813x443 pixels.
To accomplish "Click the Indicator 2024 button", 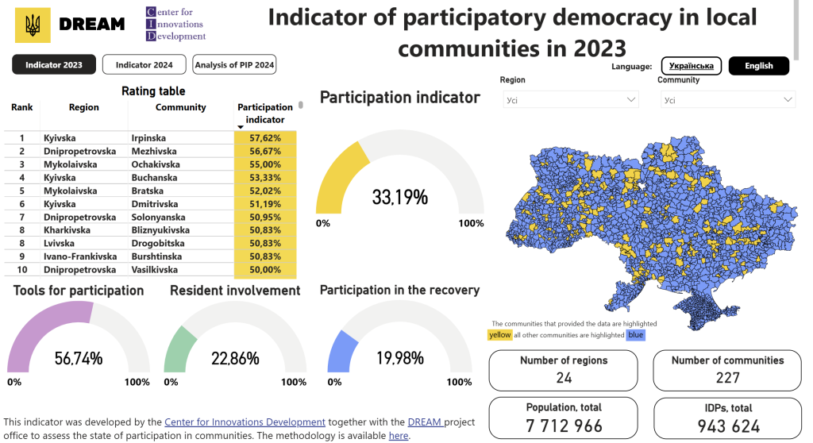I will click(144, 65).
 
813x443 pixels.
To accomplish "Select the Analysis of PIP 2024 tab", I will click(234, 65).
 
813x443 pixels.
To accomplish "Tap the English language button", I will click(758, 66).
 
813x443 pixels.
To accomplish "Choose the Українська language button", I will click(691, 66).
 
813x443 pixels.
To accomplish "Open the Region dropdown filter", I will click(571, 100).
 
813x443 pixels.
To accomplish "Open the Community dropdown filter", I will click(728, 100).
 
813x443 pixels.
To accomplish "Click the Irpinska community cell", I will click(148, 138).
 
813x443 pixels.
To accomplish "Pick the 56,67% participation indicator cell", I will click(265, 151).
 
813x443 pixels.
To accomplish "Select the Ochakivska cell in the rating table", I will click(155, 164).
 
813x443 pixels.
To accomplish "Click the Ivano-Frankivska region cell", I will click(80, 256).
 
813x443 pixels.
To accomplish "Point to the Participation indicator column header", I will click(264, 114).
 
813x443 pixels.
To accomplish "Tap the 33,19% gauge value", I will click(399, 197).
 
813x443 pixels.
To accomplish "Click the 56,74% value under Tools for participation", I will click(79, 358).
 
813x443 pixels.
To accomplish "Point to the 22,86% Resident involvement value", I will click(235, 358).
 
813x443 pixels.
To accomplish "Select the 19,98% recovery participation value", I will click(399, 358).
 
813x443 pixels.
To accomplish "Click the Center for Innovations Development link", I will click(245, 422).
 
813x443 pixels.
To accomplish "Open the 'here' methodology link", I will click(399, 436).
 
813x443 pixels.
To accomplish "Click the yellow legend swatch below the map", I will click(499, 335).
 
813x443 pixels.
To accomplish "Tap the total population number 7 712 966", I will click(564, 426).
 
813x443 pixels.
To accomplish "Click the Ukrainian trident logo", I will click(33, 25).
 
